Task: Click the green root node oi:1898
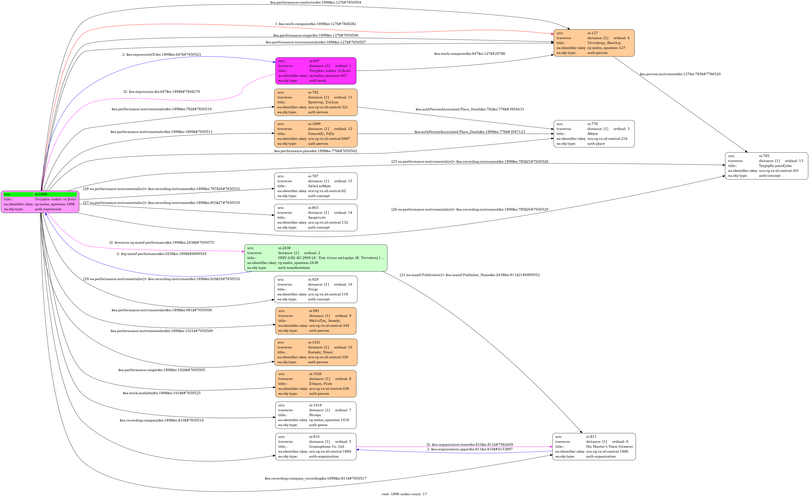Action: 40,202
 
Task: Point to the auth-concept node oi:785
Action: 766,166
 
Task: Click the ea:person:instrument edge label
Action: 680,74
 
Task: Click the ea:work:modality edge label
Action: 162,393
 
